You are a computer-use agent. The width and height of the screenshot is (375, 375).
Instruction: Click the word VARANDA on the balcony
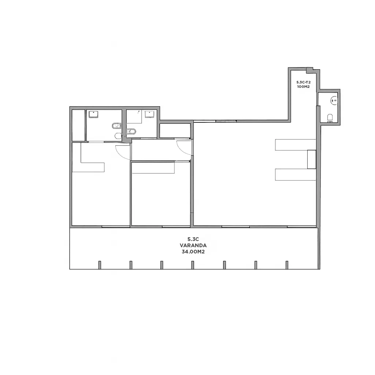coord(193,245)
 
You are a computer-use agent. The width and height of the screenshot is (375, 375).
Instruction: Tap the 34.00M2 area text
coord(193,252)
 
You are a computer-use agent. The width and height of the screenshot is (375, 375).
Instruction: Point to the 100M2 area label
coord(303,86)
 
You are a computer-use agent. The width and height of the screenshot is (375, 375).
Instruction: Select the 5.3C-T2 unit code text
coord(303,82)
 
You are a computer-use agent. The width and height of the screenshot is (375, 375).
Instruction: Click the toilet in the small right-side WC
coord(330,118)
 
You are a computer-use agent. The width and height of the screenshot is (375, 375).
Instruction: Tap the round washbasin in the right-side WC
coord(334,100)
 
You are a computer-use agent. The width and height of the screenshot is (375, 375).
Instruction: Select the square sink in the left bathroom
coord(93,114)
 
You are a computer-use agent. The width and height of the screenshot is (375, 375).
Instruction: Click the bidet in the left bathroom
coord(116,126)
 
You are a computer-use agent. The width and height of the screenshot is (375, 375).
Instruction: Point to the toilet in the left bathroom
coord(118,136)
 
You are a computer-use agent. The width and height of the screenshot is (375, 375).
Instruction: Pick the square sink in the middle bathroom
coord(149,114)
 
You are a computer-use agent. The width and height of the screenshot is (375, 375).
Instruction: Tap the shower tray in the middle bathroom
coord(134,116)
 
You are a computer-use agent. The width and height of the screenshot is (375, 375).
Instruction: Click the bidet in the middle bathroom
coord(131,131)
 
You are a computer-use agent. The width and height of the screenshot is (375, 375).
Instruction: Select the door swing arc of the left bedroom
coord(120,155)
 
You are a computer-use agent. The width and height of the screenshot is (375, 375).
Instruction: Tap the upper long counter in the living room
coord(296,145)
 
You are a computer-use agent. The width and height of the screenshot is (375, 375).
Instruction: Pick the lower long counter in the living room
coord(296,175)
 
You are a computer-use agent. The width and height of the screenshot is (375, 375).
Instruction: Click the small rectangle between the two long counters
coord(312,159)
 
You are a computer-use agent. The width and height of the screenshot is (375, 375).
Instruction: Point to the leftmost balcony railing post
coord(100,265)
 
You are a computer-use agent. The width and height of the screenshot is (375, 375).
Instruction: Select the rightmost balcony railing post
coord(287,265)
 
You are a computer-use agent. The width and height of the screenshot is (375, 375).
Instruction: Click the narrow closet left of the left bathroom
coord(78,125)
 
